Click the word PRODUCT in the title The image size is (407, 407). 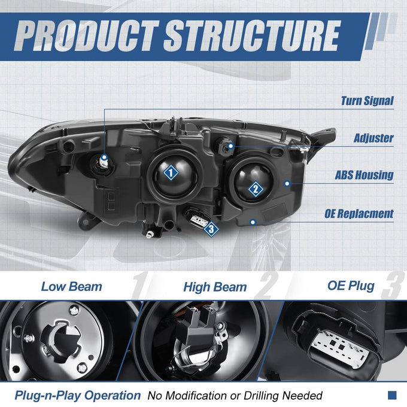[x=86, y=35]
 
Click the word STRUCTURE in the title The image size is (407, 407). [x=252, y=35]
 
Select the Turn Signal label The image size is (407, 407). [x=367, y=101]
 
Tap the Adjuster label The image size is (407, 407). [x=373, y=138]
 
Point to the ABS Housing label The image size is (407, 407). [x=364, y=175]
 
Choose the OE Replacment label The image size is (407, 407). [x=359, y=214]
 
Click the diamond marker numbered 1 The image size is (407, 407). [x=171, y=172]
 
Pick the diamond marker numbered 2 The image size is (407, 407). [x=256, y=189]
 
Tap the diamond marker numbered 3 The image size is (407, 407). [x=211, y=229]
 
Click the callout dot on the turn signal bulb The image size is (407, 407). [x=104, y=157]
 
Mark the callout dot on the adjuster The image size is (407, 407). [x=230, y=146]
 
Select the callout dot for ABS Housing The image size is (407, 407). [x=287, y=184]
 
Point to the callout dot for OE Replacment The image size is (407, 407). [x=253, y=222]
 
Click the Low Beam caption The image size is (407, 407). [x=72, y=287]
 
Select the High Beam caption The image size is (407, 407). [x=215, y=287]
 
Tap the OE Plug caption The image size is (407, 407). [x=351, y=285]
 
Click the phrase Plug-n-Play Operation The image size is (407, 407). [x=78, y=396]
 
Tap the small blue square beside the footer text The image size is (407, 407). [x=392, y=395]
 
